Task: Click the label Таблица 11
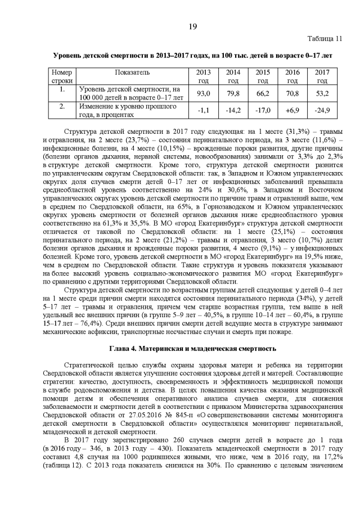coord(324,39)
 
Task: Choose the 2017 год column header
coord(322,76)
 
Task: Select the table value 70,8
coord(292,93)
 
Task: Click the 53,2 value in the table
coord(322,93)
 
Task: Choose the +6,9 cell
coord(292,110)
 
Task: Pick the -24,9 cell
coord(322,110)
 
